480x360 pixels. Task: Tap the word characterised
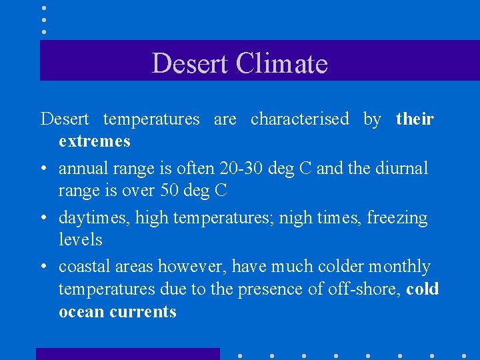[299, 119]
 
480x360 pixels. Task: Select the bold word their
[415, 119]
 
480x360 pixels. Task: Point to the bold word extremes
[94, 141]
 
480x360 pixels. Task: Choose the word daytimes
[87, 217]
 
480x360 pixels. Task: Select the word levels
[80, 239]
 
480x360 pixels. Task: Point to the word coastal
[82, 267]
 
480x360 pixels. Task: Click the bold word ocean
[79, 312]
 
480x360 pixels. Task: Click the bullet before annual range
[43, 169]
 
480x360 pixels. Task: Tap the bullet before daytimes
[43, 219]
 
